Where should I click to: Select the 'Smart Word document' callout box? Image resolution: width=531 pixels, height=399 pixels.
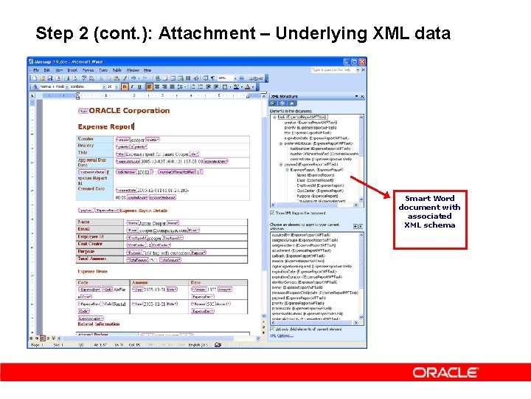(429, 211)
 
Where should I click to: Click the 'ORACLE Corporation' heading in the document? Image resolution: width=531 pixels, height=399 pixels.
(130, 111)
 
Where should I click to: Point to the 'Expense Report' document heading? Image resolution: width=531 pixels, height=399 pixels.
(106, 126)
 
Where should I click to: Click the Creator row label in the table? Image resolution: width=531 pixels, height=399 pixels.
(86, 139)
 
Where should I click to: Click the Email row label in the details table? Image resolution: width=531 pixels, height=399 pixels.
(84, 229)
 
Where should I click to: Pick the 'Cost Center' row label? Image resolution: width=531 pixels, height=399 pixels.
(90, 244)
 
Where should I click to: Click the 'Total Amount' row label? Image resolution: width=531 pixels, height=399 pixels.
(92, 259)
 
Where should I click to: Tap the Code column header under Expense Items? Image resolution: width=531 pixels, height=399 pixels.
(83, 282)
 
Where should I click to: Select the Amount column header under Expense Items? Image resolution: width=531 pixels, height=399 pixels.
(140, 282)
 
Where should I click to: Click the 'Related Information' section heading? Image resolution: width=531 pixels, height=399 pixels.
(99, 324)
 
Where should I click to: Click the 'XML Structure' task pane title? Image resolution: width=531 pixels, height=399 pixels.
(285, 96)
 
